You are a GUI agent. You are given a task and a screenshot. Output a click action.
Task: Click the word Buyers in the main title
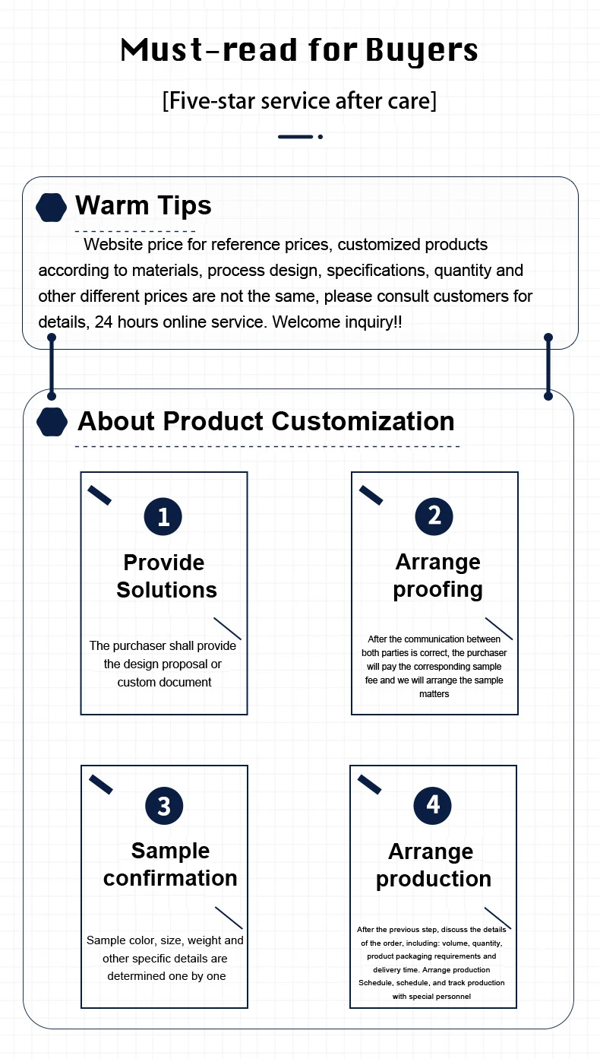coord(422,51)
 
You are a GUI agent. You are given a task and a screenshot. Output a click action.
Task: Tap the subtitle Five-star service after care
coord(300,100)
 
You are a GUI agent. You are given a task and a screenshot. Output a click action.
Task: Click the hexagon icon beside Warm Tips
coord(51,208)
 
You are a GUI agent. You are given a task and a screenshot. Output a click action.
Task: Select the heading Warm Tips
coord(143,205)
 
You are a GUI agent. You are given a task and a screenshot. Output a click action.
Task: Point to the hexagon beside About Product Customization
coord(52,422)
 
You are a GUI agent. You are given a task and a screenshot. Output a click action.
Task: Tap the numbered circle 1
coord(163,517)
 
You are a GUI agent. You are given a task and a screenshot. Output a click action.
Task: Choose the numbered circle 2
coord(434,516)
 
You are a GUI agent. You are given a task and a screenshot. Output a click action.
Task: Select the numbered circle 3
coord(164,805)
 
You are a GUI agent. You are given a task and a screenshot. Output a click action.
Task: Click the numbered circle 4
coord(433,805)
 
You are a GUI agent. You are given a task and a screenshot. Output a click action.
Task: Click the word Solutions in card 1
coord(166,590)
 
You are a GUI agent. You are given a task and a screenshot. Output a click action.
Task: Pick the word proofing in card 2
coord(437,589)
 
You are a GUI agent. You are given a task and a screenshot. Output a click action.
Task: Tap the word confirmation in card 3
coord(170,878)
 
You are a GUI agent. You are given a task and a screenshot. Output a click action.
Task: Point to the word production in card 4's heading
coord(433,879)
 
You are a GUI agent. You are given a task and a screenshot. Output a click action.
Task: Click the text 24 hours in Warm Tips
coord(125,322)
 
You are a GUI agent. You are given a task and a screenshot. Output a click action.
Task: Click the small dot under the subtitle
coord(321,137)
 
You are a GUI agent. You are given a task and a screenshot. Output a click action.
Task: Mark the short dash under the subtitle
coord(295,137)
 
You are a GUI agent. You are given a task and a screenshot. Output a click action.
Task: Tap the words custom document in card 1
coord(164,682)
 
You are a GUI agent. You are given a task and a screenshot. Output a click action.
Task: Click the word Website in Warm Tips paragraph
coord(113,245)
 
